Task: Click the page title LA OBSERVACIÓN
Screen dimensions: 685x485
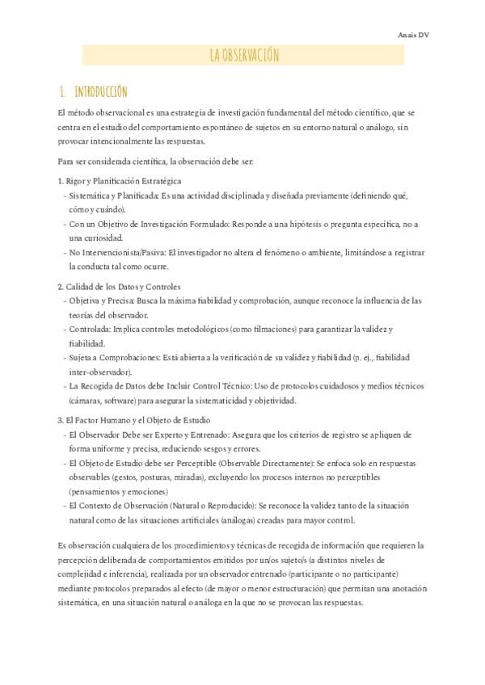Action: coord(243,55)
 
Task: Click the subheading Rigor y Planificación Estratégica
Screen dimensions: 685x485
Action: coord(124,181)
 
